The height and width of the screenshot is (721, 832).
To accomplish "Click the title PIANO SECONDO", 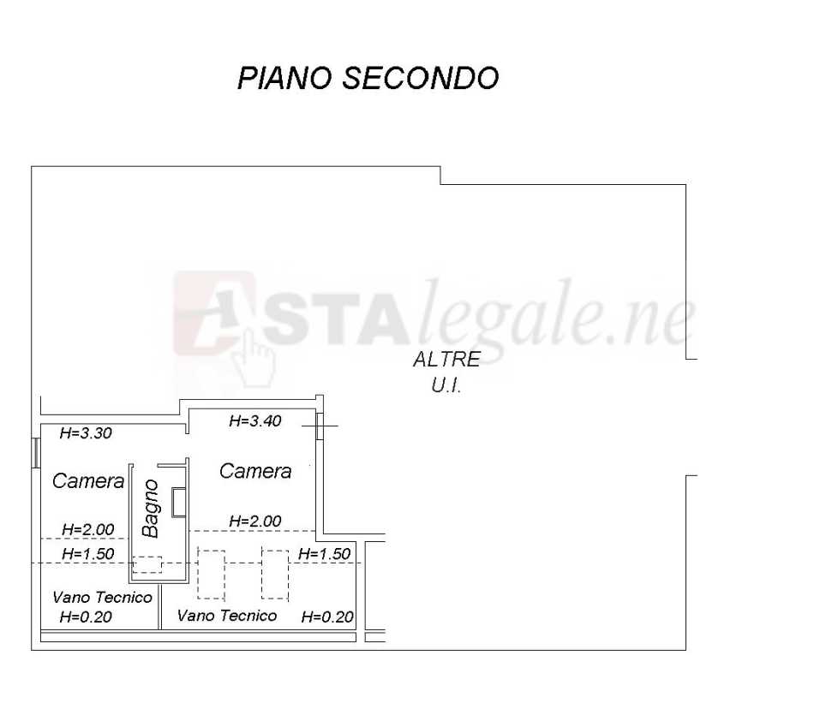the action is pyautogui.click(x=368, y=78).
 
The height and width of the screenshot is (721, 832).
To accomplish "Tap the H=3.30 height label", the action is pyautogui.click(x=86, y=433).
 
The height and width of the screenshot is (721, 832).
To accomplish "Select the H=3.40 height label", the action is pyautogui.click(x=254, y=421).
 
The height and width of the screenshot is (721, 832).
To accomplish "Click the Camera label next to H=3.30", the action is pyautogui.click(x=88, y=481).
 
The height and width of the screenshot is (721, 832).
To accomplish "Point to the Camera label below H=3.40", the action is pyautogui.click(x=255, y=471).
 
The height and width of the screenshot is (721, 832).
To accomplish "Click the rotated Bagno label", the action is pyautogui.click(x=151, y=509).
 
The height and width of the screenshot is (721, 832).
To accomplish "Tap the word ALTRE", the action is pyautogui.click(x=446, y=359).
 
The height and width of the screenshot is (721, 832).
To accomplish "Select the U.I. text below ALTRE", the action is pyautogui.click(x=446, y=385).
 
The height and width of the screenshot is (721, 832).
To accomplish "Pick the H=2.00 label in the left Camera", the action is pyautogui.click(x=87, y=529).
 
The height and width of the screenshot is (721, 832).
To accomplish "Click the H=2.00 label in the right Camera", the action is pyautogui.click(x=254, y=521).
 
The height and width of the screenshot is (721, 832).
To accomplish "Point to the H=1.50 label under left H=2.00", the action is pyautogui.click(x=87, y=554).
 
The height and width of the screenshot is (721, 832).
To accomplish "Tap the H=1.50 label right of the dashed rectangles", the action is pyautogui.click(x=324, y=554).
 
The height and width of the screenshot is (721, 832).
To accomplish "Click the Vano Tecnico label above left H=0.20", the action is pyautogui.click(x=103, y=598).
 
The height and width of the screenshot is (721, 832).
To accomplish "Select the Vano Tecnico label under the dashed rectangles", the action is pyautogui.click(x=226, y=616).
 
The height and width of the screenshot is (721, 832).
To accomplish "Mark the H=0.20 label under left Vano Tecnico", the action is pyautogui.click(x=86, y=617).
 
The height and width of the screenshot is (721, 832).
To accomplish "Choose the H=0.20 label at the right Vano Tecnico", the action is pyautogui.click(x=327, y=617).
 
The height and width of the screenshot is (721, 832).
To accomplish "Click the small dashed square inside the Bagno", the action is pyautogui.click(x=147, y=564).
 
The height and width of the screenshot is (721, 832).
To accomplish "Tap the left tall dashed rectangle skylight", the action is pyautogui.click(x=211, y=575).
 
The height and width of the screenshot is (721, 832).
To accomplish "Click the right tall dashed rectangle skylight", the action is pyautogui.click(x=275, y=575).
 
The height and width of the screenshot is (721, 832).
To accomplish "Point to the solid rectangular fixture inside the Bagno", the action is pyautogui.click(x=179, y=502).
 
